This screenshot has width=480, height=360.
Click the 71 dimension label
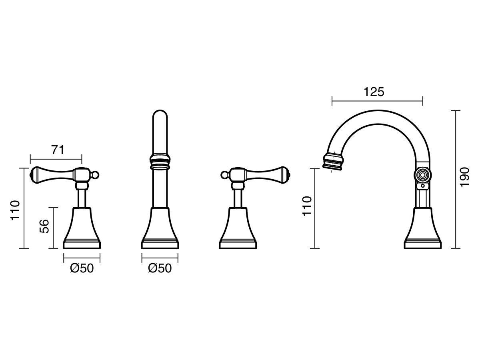click(x=57, y=150)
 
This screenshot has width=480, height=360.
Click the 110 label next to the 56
click(x=15, y=210)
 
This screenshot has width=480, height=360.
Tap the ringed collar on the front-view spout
click(x=160, y=161)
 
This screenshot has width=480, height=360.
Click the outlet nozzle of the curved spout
click(x=333, y=161)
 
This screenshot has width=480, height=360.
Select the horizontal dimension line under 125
click(x=377, y=101)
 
